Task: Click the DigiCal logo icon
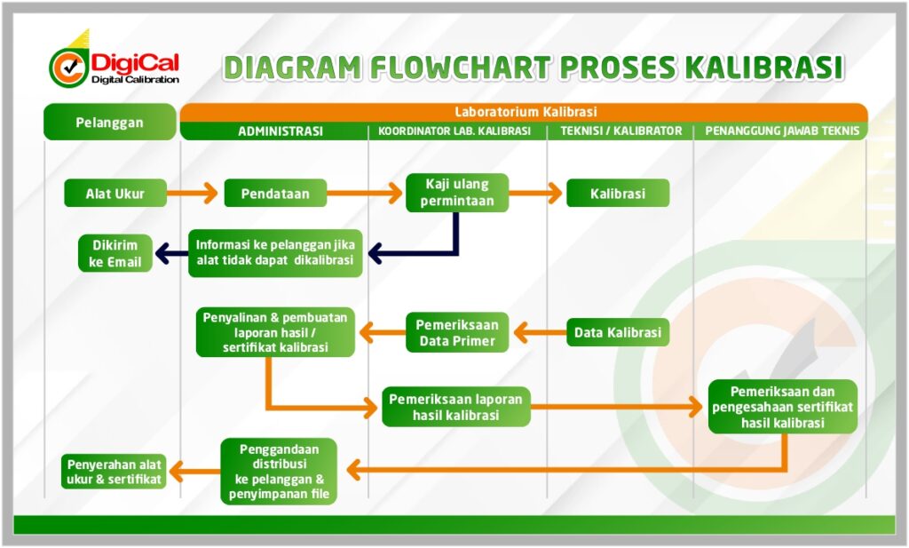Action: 68,66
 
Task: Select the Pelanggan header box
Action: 109,123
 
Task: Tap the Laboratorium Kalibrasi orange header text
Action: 525,112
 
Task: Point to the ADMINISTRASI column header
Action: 280,131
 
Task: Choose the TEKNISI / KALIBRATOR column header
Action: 621,131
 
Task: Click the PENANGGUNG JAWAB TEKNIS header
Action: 782,131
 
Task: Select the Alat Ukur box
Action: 115,193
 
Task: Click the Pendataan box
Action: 275,193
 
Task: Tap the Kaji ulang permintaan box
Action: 457,193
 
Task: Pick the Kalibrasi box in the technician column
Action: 618,193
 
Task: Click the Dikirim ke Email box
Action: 115,253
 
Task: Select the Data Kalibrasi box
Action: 618,333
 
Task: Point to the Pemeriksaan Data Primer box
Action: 457,333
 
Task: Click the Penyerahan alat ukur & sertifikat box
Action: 115,471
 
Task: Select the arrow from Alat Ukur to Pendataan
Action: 194,193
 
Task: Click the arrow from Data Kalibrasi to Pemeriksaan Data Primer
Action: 540,333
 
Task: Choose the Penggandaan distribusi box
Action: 279,472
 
